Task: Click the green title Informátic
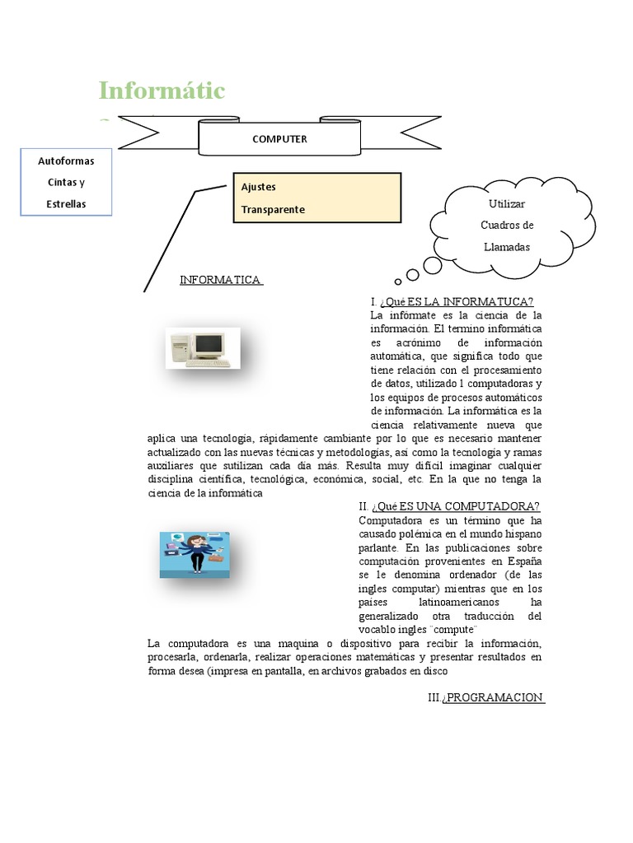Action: click(162, 91)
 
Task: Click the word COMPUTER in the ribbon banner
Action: click(279, 139)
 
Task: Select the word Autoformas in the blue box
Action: click(66, 161)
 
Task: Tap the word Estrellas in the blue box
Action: click(66, 204)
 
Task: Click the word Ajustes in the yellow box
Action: click(258, 187)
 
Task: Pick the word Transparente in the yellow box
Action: click(273, 209)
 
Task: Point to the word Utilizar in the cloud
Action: click(506, 203)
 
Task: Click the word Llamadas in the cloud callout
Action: click(507, 246)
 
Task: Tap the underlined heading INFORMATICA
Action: click(221, 280)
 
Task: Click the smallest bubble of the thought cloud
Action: click(398, 281)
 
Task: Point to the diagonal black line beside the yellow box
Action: click(170, 240)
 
